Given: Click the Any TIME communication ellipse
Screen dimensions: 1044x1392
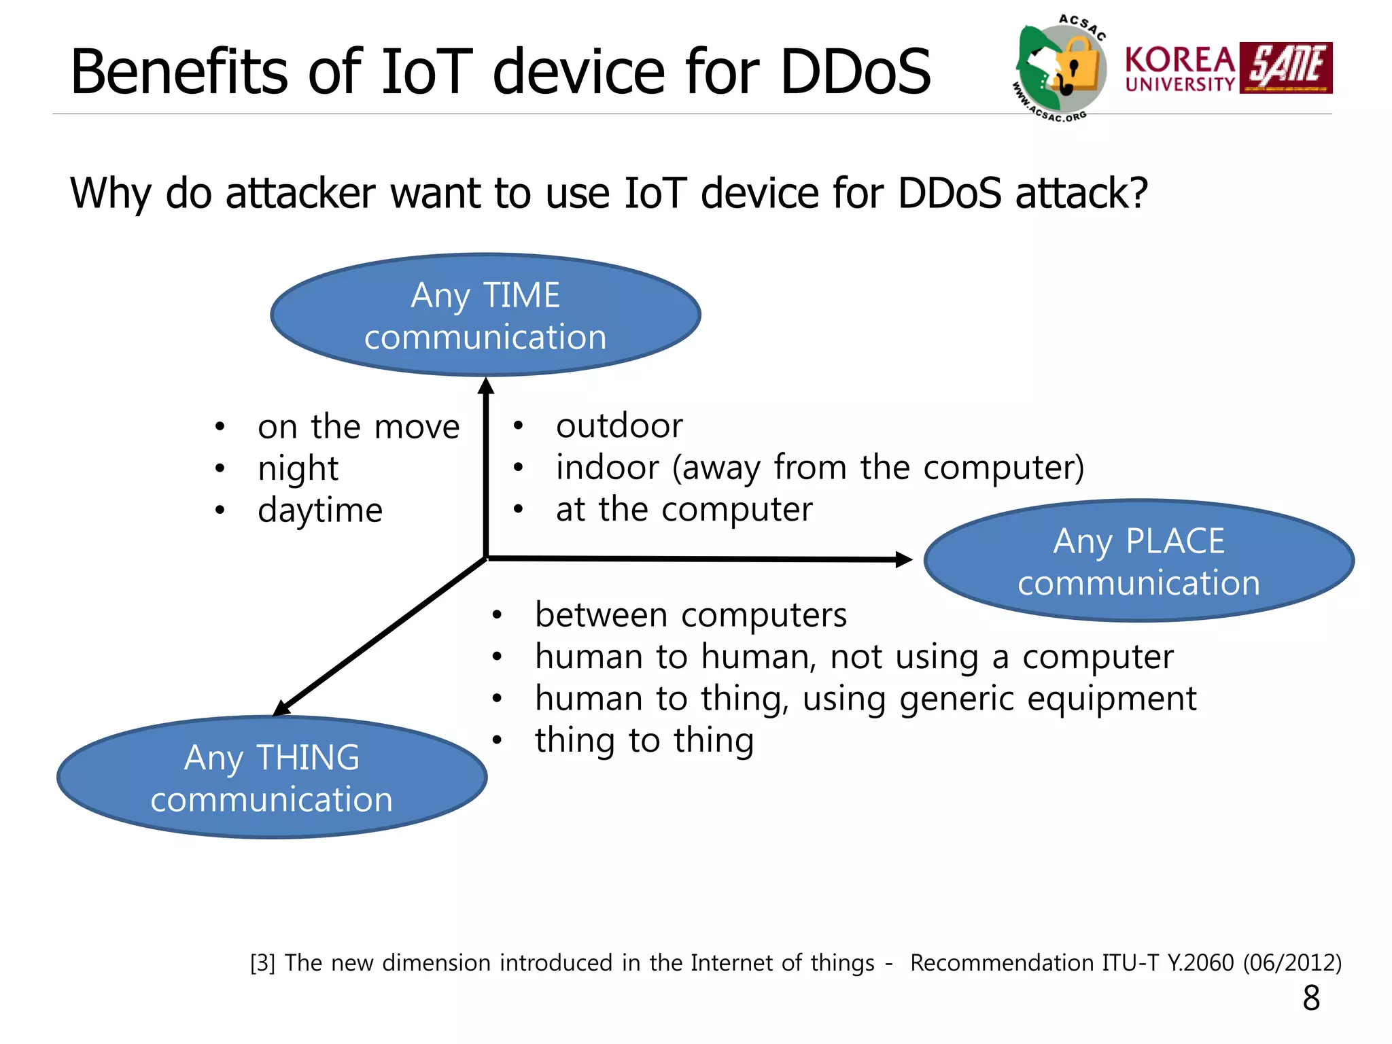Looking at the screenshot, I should (x=485, y=315).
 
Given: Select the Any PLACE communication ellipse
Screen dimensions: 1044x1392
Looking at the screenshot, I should (x=1138, y=561).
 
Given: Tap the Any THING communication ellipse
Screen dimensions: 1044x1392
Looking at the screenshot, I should (x=272, y=777).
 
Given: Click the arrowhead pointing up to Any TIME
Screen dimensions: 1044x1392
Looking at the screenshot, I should (x=485, y=387).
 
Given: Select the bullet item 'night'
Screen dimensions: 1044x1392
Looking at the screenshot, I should (x=298, y=468).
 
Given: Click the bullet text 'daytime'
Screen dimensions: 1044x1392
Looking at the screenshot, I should (x=320, y=510).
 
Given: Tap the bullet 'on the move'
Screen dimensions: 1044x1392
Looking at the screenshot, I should (x=358, y=427).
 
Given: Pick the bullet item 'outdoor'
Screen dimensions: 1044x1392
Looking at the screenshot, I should (x=619, y=426).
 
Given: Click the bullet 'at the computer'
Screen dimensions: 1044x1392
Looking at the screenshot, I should (x=684, y=509).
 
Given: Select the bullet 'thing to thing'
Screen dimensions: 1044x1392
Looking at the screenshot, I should (x=644, y=740).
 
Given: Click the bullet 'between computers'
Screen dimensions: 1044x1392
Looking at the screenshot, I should (x=691, y=615).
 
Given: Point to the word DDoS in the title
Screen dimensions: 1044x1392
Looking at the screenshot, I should (x=855, y=71).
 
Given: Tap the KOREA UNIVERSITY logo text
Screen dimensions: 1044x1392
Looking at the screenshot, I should (x=1180, y=69).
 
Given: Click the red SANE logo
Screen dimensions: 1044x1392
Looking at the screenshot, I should (x=1285, y=67).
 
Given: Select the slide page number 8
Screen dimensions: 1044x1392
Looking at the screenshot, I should (x=1311, y=998).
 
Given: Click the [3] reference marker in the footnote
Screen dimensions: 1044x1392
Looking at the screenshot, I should (x=262, y=963).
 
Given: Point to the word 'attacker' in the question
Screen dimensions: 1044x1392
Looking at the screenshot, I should (x=300, y=194).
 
